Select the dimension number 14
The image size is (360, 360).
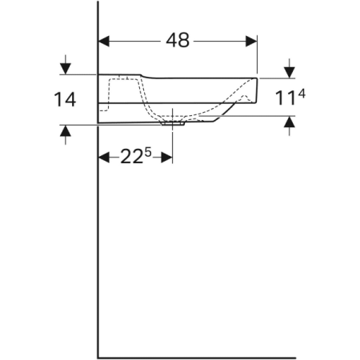pos(65,100)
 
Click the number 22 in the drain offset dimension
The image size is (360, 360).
pos(130,158)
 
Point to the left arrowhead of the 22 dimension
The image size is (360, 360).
pos(103,157)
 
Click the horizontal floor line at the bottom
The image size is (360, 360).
pos(196,357)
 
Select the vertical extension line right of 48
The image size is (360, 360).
pos(258,56)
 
